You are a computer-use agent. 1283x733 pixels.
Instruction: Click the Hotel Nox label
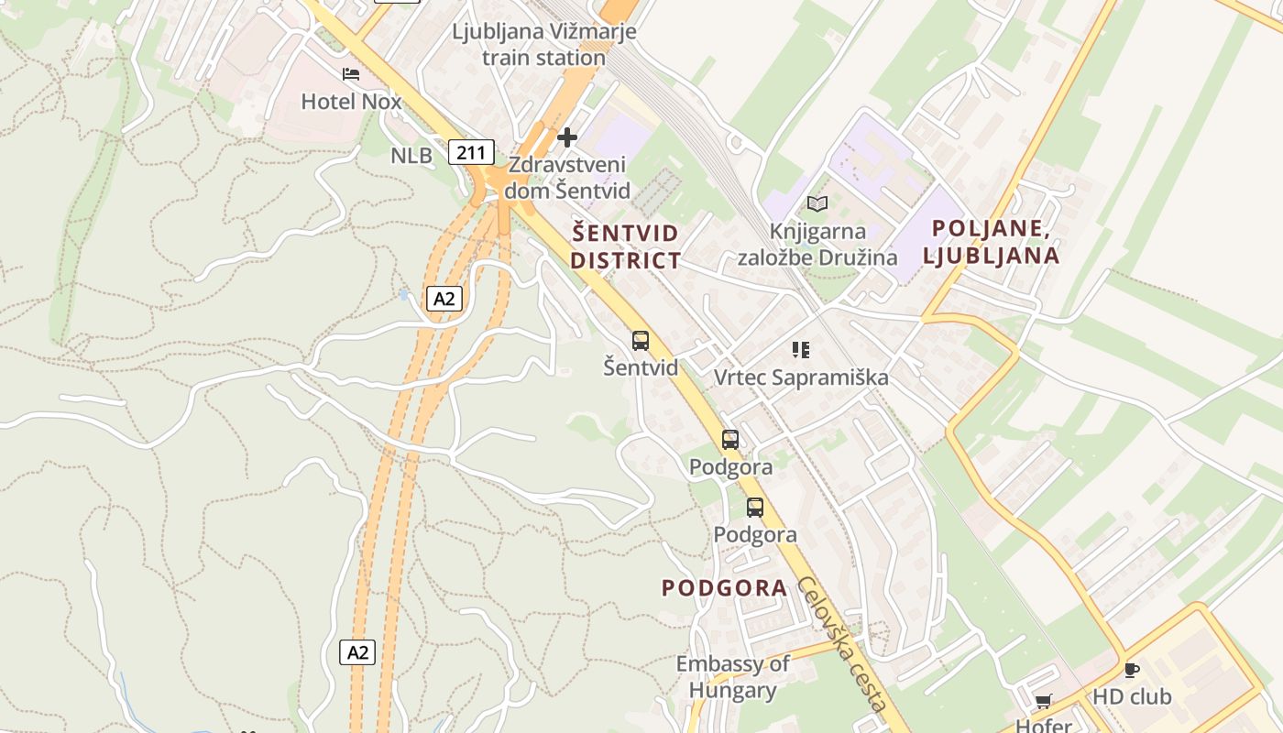click(x=351, y=102)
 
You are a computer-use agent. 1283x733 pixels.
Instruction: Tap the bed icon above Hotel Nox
click(x=351, y=74)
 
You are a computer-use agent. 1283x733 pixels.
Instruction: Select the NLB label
click(x=411, y=156)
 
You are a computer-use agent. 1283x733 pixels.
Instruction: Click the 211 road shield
click(x=472, y=152)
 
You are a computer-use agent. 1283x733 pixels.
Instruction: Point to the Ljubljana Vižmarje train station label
click(x=544, y=44)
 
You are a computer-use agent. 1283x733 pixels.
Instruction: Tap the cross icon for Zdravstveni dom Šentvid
click(x=567, y=138)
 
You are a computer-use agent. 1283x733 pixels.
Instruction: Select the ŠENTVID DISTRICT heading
click(x=626, y=246)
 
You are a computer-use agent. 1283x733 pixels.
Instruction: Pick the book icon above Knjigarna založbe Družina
click(x=817, y=203)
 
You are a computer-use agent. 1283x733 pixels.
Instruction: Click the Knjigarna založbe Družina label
click(x=817, y=245)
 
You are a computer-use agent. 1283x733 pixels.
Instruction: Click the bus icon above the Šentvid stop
click(x=641, y=341)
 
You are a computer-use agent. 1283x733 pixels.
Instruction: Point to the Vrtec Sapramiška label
click(x=801, y=377)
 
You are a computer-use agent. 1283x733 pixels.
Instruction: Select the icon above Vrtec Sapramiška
click(x=801, y=349)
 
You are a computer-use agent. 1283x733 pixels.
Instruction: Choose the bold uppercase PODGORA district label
click(x=724, y=588)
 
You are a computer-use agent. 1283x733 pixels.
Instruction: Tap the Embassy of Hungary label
click(x=732, y=677)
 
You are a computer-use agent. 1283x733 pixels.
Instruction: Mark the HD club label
click(x=1132, y=697)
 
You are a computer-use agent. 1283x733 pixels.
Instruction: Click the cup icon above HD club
click(x=1132, y=670)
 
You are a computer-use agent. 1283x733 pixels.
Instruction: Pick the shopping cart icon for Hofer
click(x=1043, y=702)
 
